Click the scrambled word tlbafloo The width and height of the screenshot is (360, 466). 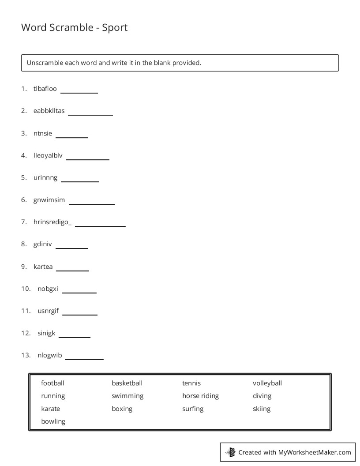[x=45, y=89]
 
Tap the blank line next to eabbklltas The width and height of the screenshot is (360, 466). [x=90, y=114]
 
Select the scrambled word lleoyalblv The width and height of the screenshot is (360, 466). [x=48, y=155]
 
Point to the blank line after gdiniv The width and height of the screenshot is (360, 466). [x=71, y=248]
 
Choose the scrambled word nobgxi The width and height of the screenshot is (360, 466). [x=48, y=289]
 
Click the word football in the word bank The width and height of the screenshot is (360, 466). [x=52, y=383]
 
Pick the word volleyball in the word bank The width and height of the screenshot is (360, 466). [x=267, y=383]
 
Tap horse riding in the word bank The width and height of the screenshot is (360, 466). [x=200, y=396]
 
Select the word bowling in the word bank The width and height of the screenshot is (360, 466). [x=53, y=421]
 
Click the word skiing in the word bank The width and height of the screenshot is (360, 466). [x=262, y=409]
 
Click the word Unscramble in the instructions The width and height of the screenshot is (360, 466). [x=45, y=63]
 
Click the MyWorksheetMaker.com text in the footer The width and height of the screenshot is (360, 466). [x=315, y=452]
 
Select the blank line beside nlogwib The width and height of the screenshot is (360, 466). [x=84, y=359]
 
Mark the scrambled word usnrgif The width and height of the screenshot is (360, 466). [x=48, y=311]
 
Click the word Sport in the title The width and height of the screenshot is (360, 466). [x=115, y=27]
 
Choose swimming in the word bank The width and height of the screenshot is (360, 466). [x=127, y=396]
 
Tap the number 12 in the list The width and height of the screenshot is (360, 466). [x=25, y=333]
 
